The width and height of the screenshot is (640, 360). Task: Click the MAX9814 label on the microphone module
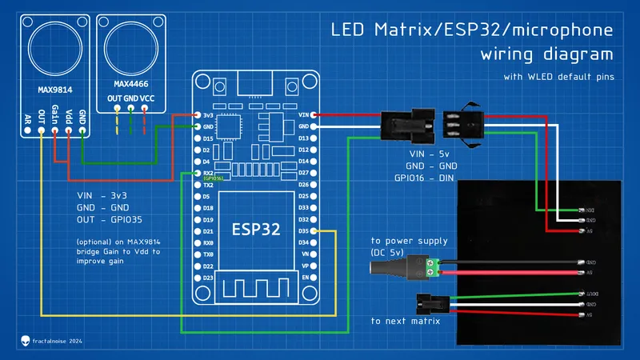(56, 90)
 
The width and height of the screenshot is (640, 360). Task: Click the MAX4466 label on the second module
(131, 82)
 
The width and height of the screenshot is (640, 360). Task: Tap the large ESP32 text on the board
(256, 229)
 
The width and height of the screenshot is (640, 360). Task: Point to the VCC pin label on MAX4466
(147, 98)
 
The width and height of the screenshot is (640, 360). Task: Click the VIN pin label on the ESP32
(303, 115)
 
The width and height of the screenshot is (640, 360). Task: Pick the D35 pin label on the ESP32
(303, 230)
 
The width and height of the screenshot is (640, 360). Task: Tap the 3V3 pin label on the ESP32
(207, 115)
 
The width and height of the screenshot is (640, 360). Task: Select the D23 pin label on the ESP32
(207, 277)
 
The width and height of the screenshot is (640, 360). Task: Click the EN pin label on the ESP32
(305, 277)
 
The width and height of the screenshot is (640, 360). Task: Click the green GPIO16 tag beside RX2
(213, 178)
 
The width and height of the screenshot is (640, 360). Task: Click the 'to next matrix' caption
(406, 321)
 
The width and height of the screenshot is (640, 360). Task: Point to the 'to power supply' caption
(409, 241)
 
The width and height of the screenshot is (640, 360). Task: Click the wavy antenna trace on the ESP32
(256, 286)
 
